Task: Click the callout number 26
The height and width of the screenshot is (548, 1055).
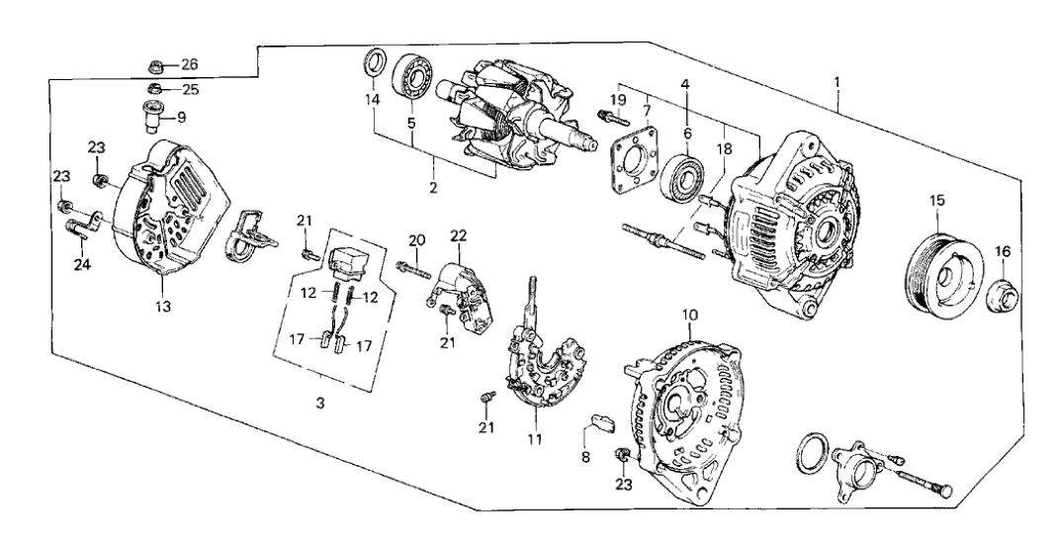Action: (190, 64)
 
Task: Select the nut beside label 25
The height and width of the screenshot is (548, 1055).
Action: (155, 88)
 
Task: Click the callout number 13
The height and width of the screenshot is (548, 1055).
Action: (163, 307)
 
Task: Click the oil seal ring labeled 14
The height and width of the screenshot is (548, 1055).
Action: (375, 62)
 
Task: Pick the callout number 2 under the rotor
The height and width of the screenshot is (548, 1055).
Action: (433, 187)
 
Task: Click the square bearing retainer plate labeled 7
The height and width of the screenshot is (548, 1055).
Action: (632, 160)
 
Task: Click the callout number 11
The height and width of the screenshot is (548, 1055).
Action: (534, 439)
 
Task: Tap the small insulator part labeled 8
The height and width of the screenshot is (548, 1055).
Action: (603, 422)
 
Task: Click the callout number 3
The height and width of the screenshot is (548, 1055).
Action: (320, 404)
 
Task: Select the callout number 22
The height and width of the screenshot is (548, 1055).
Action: (458, 235)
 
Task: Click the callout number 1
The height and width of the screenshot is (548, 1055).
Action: (837, 83)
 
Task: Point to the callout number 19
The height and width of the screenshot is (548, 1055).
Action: (618, 100)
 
